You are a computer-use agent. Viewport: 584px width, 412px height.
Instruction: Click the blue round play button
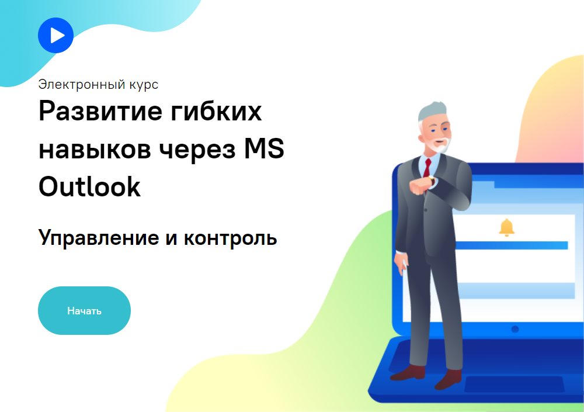click(55, 36)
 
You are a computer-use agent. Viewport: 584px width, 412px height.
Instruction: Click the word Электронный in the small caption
click(82, 85)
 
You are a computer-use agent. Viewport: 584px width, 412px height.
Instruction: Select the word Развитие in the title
click(100, 111)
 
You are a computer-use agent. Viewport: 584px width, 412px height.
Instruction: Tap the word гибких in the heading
click(217, 111)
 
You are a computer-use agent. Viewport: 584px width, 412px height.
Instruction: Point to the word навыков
click(95, 149)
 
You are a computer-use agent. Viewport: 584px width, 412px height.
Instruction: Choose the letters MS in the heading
click(264, 148)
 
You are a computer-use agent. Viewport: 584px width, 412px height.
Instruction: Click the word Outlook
click(90, 186)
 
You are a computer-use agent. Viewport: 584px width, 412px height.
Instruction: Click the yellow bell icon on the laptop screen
click(506, 227)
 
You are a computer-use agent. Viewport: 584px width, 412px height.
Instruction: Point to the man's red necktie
click(427, 168)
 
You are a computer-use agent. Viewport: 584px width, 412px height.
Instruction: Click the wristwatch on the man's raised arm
click(432, 181)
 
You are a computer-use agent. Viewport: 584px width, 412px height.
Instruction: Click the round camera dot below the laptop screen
click(515, 329)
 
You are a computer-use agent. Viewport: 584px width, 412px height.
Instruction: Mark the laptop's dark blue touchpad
click(515, 384)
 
